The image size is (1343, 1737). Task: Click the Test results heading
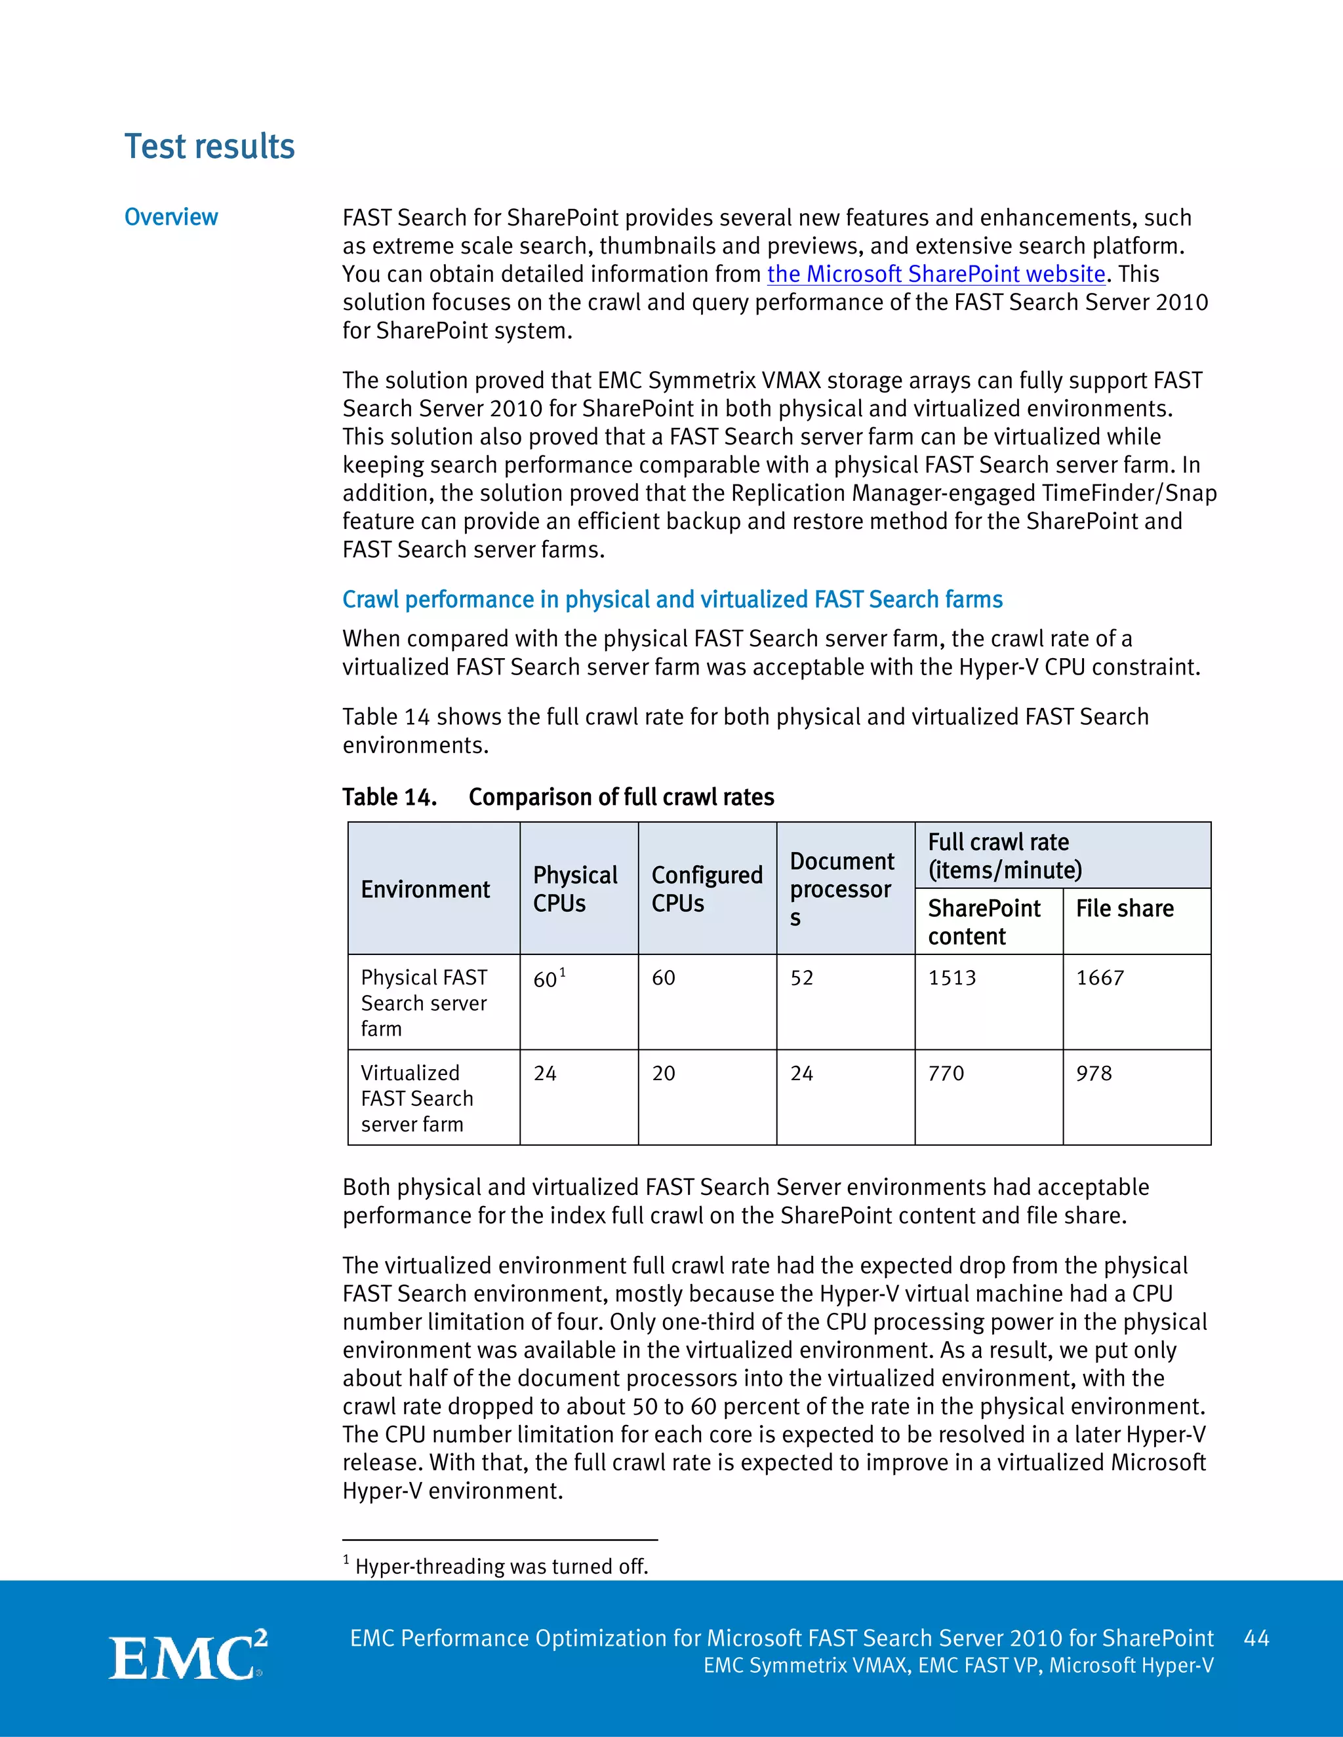click(x=209, y=147)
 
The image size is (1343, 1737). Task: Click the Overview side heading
click(x=171, y=217)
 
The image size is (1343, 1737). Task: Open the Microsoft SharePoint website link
click(x=936, y=275)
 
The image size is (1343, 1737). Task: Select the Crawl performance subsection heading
click(x=672, y=599)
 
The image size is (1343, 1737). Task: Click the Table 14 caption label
click(x=389, y=797)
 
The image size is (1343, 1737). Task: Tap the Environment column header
click(x=426, y=889)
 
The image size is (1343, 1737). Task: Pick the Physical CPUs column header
click(x=574, y=889)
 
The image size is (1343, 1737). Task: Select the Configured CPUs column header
click(x=706, y=889)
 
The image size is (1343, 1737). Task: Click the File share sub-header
click(x=1124, y=908)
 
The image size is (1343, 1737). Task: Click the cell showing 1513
click(x=952, y=978)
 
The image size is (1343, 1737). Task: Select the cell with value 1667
click(x=1100, y=978)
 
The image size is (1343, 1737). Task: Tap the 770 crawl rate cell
click(x=946, y=1074)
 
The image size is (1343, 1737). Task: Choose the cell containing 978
click(x=1094, y=1074)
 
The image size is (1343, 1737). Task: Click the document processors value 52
click(x=801, y=978)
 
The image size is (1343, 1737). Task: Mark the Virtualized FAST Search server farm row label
click(x=417, y=1099)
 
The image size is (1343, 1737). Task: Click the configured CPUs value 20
click(x=664, y=1074)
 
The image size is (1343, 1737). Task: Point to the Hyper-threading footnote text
click(x=501, y=1566)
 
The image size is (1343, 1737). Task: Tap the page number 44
click(x=1256, y=1639)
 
